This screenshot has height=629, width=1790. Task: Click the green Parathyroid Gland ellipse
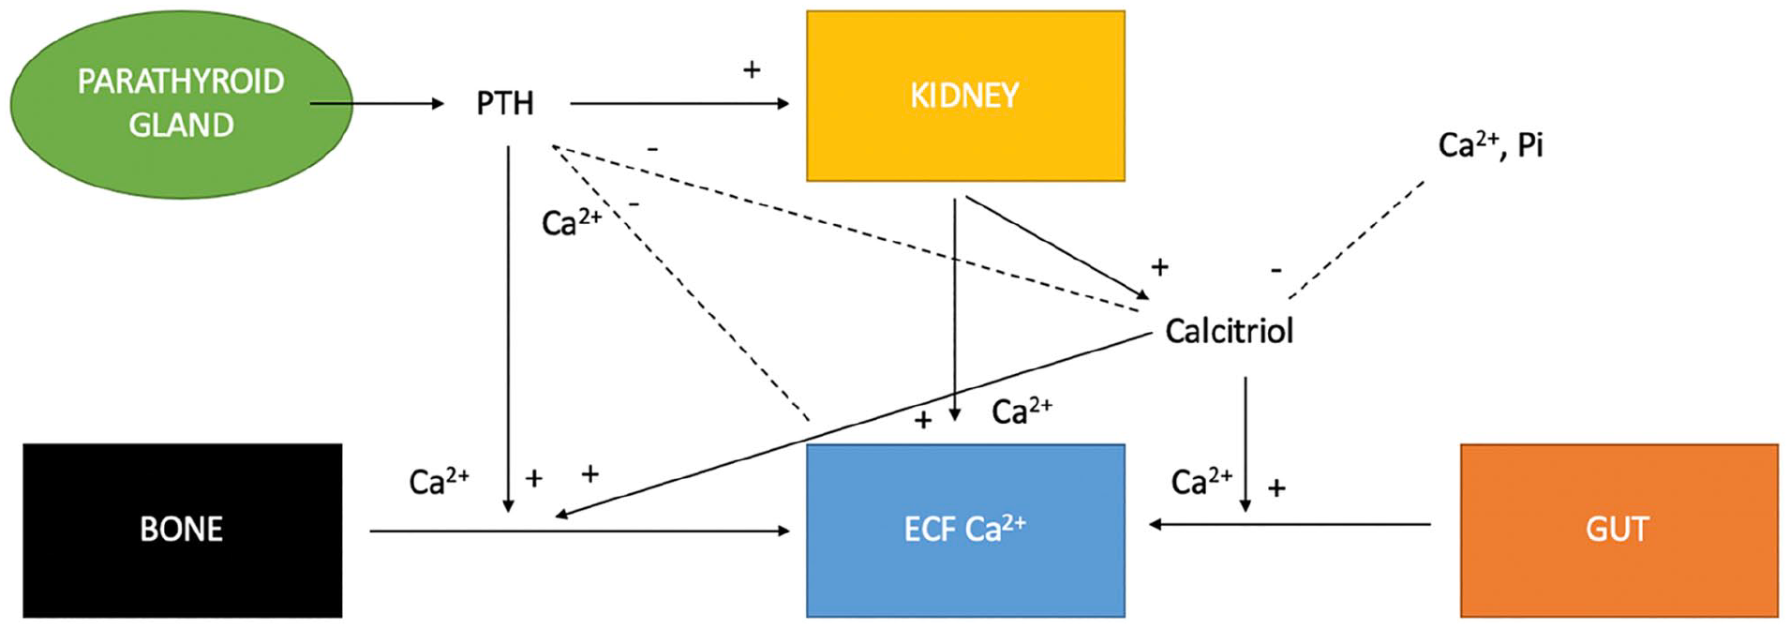[x=181, y=104]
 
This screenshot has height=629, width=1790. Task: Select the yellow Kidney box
[x=965, y=96]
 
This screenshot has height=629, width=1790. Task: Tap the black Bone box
[x=183, y=531]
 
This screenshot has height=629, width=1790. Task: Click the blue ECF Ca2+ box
[x=965, y=531]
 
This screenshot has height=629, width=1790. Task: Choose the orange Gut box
[x=1618, y=531]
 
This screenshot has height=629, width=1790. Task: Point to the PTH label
[x=505, y=103]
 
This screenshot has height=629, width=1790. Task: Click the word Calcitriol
[x=1229, y=331]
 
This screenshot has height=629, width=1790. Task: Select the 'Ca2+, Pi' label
[x=1490, y=145]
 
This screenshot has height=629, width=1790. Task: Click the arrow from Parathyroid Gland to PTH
[x=377, y=103]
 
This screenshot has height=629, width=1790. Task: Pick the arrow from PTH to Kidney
[x=679, y=103]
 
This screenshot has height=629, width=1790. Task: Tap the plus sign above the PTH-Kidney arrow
[x=752, y=69]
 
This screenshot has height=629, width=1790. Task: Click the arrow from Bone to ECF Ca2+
[x=580, y=531]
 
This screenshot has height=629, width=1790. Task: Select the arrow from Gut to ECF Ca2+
[x=1290, y=524]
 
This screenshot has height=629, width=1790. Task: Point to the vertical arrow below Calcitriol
[x=1246, y=444]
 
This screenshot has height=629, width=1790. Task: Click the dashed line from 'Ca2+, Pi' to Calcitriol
[x=1356, y=240]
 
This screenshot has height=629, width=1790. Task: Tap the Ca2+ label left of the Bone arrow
[x=440, y=481]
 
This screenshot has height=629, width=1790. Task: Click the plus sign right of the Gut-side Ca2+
[x=1276, y=487]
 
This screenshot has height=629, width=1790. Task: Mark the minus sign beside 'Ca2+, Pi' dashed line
[x=1276, y=270]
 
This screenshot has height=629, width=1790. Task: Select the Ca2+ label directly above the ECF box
[x=1022, y=411]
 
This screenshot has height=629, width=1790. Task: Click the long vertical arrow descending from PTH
[x=508, y=329]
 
